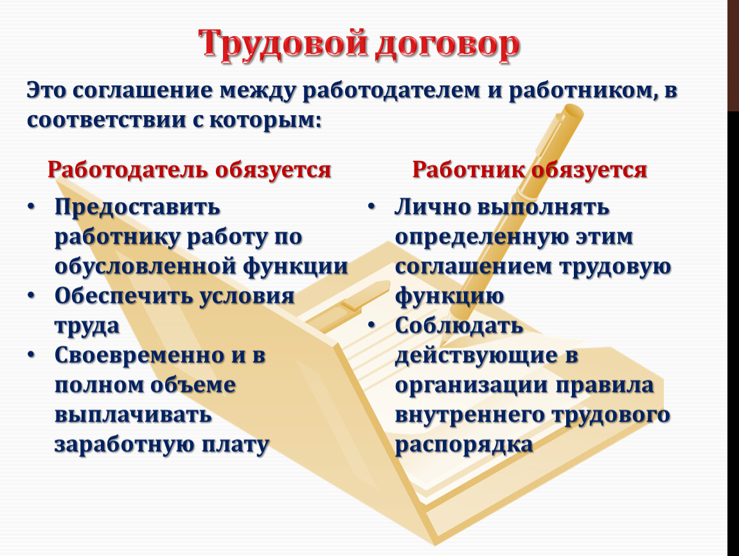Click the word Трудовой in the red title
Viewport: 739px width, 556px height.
click(283, 44)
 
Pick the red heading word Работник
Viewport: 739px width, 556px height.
click(469, 169)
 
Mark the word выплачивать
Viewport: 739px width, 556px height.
click(133, 415)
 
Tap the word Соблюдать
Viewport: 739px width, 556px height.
click(459, 326)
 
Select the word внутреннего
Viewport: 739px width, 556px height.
click(469, 415)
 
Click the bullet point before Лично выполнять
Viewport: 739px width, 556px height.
click(372, 207)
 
